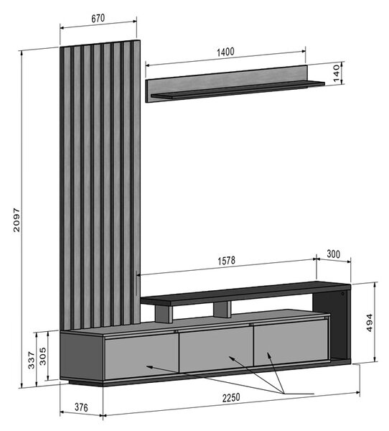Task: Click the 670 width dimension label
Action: [98, 19]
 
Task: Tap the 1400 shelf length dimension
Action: [225, 52]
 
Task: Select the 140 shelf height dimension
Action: [337, 73]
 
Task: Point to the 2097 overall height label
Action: [17, 220]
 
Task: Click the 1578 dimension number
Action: [227, 261]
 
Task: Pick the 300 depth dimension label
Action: [333, 254]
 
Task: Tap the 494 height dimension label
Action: [370, 323]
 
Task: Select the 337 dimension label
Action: [32, 360]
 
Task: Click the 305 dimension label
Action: [43, 356]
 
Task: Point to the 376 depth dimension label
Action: [81, 407]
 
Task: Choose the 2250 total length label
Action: [231, 398]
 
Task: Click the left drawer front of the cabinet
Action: [142, 357]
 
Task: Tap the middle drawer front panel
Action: [216, 349]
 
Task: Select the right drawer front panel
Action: [291, 343]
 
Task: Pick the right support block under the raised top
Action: [222, 309]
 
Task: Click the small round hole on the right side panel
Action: [342, 294]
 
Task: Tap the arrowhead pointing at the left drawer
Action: [149, 366]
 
